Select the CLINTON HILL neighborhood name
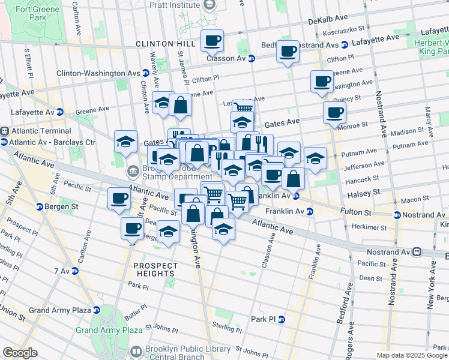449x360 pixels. tap(165, 44)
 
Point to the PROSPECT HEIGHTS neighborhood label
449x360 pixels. tap(155, 269)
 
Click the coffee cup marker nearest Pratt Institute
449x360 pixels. tap(212, 41)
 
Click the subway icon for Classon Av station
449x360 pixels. tap(251, 59)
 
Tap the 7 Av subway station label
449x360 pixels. tap(61, 271)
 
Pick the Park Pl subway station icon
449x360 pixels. tap(280, 319)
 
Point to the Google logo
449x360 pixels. tap(20, 353)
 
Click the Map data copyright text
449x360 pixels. tap(412, 355)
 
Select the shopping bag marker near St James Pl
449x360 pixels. tap(180, 106)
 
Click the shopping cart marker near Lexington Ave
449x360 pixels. tap(243, 109)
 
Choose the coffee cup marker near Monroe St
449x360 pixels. tap(334, 112)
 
